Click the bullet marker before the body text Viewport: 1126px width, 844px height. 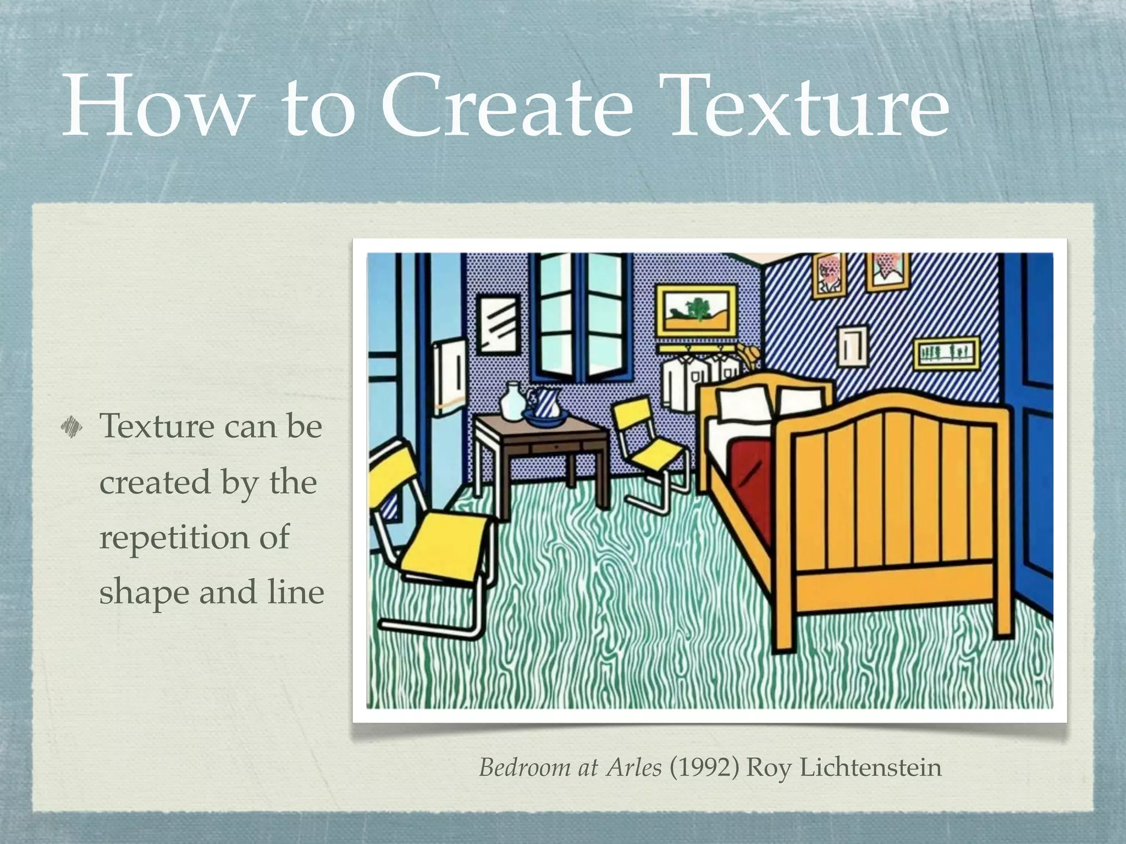tap(71, 426)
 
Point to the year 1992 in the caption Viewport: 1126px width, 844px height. tap(704, 767)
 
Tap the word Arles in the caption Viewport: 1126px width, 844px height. tap(634, 767)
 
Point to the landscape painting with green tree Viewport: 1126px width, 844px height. tap(696, 310)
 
